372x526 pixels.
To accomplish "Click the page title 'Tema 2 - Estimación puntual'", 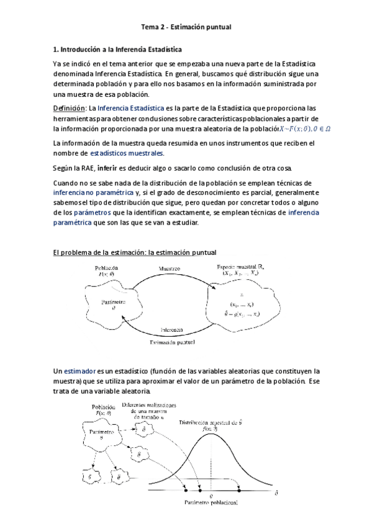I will (x=186, y=27).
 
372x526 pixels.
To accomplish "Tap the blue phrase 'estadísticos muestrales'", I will (x=127, y=153).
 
